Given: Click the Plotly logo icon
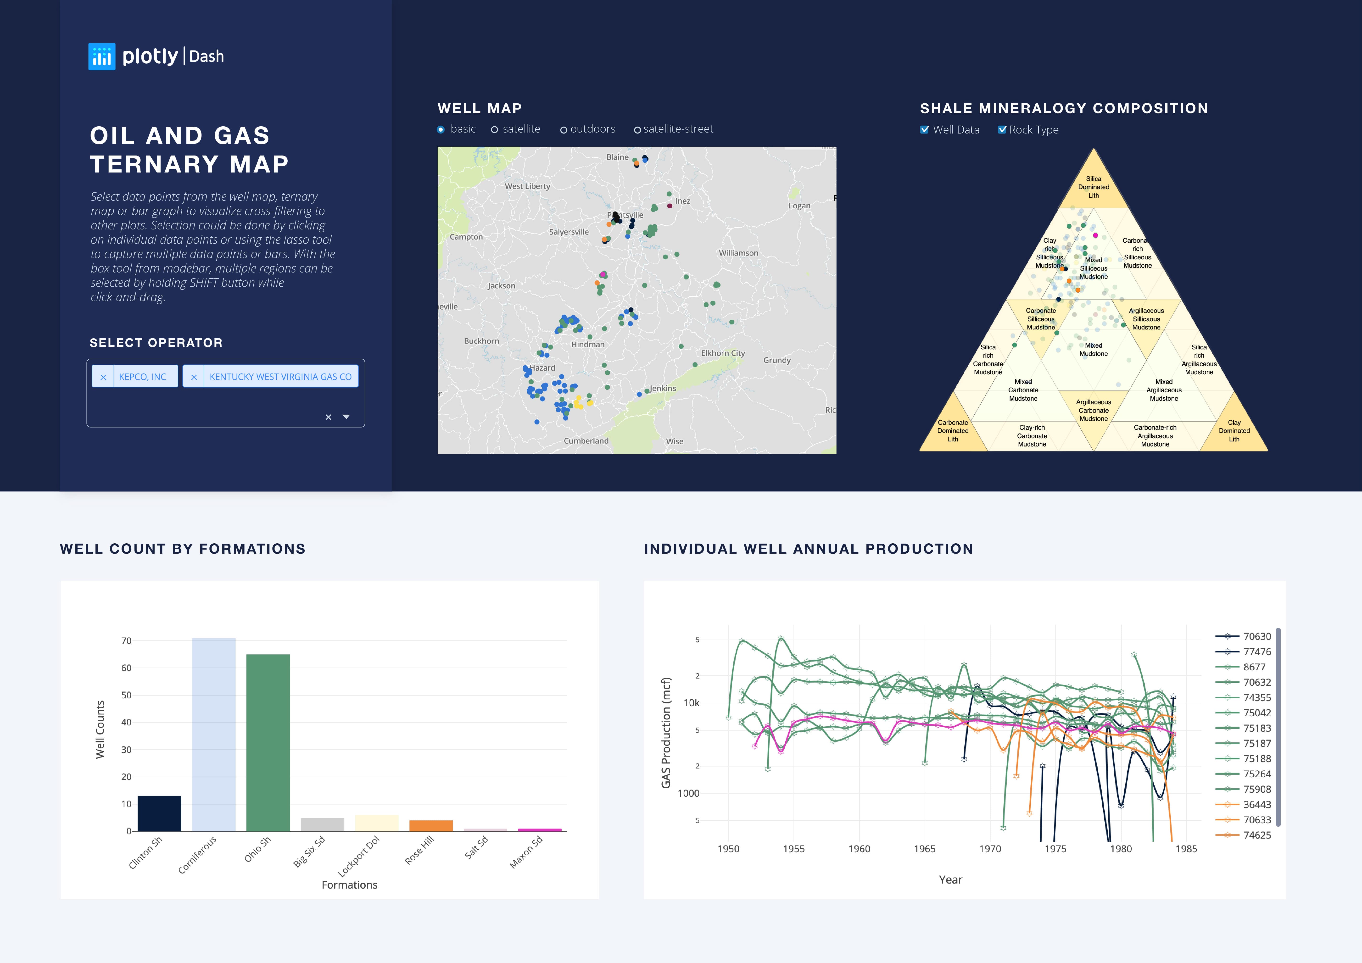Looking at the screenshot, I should point(101,56).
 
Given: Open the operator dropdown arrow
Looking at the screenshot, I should point(346,417).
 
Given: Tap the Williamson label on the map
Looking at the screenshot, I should point(738,253).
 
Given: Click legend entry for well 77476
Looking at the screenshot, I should point(1256,652).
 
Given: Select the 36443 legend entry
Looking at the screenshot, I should point(1256,805).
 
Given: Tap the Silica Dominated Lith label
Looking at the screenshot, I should point(1093,187).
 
